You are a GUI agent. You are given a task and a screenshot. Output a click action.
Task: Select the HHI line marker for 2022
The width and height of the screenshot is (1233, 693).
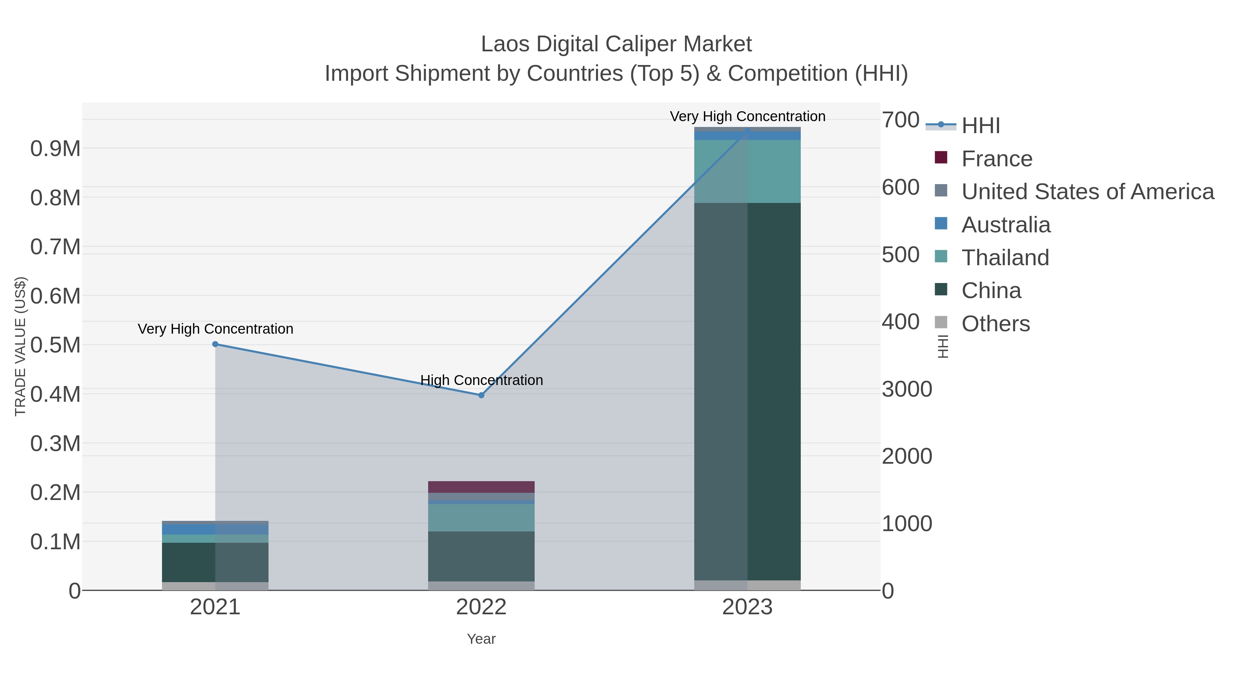point(481,395)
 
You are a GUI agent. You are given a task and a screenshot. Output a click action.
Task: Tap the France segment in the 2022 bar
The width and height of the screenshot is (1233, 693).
point(481,487)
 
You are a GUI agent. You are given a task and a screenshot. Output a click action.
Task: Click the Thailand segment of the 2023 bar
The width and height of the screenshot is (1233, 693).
point(747,171)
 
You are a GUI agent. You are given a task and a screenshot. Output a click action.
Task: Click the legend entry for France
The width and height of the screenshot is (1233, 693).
point(997,159)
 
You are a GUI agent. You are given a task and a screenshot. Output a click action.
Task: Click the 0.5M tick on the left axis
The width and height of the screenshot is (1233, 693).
point(55,345)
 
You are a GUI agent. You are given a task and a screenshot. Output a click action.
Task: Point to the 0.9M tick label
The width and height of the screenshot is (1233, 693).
point(55,149)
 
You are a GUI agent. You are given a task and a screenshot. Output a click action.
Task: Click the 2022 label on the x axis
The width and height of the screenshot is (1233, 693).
point(481,607)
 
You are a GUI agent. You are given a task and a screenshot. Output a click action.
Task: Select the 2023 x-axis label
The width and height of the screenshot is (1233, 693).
point(747,607)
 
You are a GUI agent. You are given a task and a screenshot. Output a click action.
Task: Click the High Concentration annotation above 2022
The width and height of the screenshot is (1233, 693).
point(482,380)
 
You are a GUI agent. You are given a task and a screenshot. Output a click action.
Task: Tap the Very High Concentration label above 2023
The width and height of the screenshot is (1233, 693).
point(747,116)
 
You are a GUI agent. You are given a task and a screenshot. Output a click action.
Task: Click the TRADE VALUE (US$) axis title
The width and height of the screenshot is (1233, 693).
point(20,346)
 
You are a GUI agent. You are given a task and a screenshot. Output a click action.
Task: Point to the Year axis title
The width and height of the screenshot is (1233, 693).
point(481,639)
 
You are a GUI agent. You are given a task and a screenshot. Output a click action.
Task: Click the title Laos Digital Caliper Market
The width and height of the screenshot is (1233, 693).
point(616,44)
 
